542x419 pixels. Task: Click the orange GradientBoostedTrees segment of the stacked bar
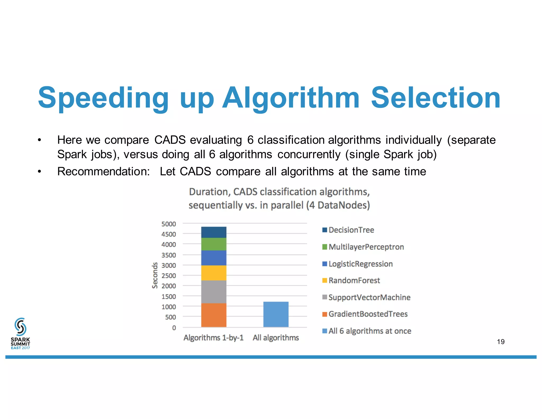click(x=214, y=315)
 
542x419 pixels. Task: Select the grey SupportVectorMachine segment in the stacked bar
click(x=214, y=292)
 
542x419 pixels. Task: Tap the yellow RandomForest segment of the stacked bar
click(x=214, y=273)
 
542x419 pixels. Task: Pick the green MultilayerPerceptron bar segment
click(x=214, y=244)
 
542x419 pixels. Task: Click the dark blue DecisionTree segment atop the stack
click(x=214, y=232)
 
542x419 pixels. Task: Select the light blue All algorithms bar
click(x=276, y=314)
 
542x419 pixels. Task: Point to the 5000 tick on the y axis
click(x=169, y=224)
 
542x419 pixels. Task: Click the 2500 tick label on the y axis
click(x=169, y=276)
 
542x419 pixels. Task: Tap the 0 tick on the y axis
click(x=174, y=328)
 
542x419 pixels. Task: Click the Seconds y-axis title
click(x=155, y=275)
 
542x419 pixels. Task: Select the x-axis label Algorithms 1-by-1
click(x=214, y=338)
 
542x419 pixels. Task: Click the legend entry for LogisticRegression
click(x=360, y=264)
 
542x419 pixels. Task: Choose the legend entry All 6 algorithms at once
click(x=370, y=331)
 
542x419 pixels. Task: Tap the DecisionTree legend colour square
click(x=325, y=230)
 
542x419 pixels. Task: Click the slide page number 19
click(x=501, y=342)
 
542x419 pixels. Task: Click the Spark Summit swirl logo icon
click(x=20, y=327)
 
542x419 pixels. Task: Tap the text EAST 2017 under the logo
click(x=20, y=348)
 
